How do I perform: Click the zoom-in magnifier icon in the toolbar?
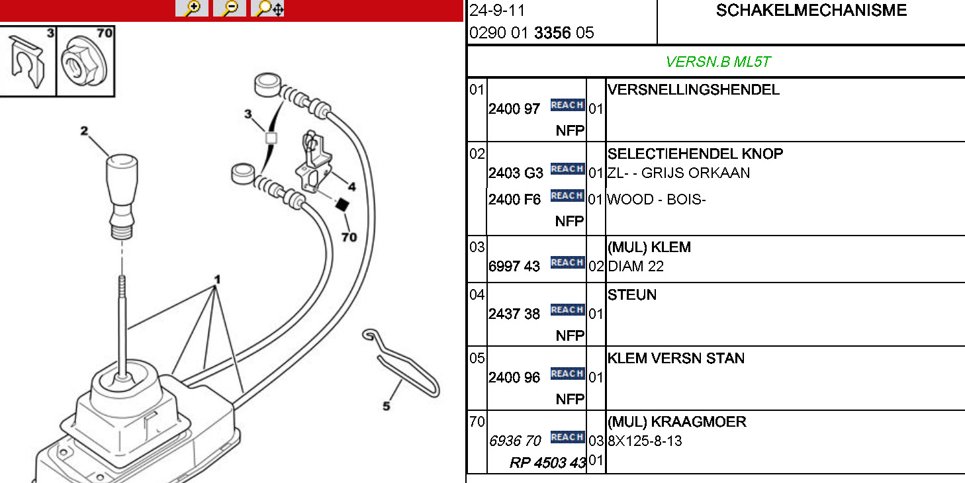tap(192, 9)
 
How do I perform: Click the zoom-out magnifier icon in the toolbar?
tap(230, 9)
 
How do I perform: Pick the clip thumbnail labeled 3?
tap(27, 62)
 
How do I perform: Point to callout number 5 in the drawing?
tap(387, 406)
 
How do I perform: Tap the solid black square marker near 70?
tap(342, 205)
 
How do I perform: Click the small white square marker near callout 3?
tap(270, 138)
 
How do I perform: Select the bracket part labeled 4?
tap(314, 162)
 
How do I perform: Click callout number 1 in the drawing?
tap(216, 281)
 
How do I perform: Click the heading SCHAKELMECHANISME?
tap(811, 11)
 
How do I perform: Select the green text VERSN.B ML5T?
tap(718, 62)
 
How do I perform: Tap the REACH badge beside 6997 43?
tap(567, 263)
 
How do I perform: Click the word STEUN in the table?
tap(632, 295)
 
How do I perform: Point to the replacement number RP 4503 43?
tap(548, 462)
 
